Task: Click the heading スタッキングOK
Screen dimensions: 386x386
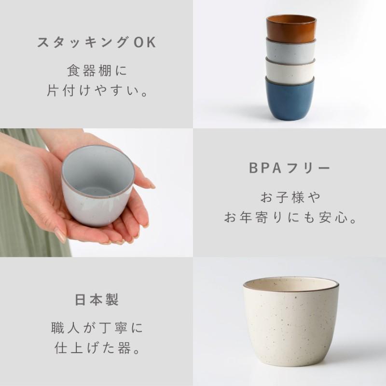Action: pos(96,42)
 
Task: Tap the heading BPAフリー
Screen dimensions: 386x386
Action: pos(289,168)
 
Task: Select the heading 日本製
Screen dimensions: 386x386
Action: pos(96,300)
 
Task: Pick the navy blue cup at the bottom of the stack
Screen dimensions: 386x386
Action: pos(289,100)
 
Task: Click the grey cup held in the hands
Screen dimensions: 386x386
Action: pos(96,186)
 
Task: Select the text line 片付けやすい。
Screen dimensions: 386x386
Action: pos(96,90)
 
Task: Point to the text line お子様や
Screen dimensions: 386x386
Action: pos(289,197)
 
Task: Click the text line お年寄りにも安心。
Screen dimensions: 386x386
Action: pos(289,218)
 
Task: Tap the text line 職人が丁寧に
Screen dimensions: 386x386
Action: pos(96,329)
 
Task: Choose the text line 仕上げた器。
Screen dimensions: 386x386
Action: pos(96,348)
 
